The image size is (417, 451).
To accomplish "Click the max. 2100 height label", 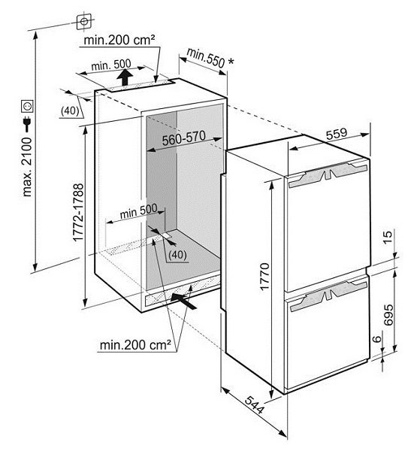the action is tap(27, 167).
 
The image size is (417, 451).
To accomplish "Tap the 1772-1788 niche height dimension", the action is tap(78, 213).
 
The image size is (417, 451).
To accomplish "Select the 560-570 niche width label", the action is tap(184, 138).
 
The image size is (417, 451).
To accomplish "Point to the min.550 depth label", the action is tap(205, 58).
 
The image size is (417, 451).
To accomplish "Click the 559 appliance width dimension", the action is tap(337, 133).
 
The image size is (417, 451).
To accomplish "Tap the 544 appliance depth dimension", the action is tap(254, 404).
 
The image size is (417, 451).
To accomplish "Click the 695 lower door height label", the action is tap(388, 315).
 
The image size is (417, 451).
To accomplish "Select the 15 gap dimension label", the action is tap(388, 238).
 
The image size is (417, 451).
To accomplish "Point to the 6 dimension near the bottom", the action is tap(377, 338).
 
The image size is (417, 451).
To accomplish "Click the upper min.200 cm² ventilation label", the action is tap(119, 40).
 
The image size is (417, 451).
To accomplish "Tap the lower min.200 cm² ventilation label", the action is tap(135, 344).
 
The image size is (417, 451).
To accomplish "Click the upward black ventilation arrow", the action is tap(125, 77).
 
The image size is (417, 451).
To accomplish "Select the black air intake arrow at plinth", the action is tap(183, 301).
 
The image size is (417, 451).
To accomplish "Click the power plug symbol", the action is tap(27, 124).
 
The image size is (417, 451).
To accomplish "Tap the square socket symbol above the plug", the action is tap(28, 106).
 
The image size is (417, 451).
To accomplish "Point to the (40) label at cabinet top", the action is tap(71, 110).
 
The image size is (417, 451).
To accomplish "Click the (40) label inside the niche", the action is tap(177, 255).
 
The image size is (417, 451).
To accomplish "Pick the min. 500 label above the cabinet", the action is tap(111, 65).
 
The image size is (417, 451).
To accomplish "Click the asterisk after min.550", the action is tap(231, 62).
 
